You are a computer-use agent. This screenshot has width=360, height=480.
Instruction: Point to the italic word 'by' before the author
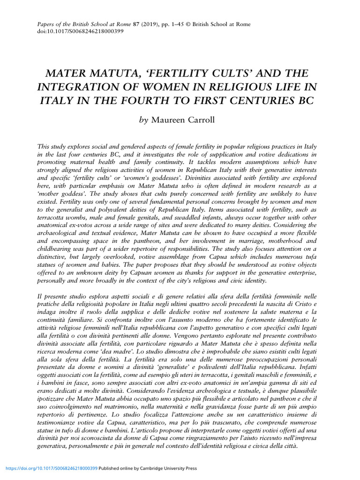[143, 120]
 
